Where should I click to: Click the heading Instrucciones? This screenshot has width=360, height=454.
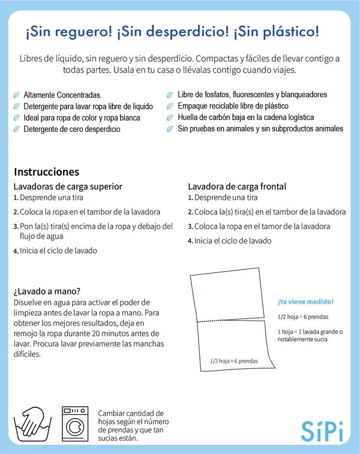(x=46, y=172)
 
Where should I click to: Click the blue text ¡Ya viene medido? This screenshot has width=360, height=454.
(x=305, y=302)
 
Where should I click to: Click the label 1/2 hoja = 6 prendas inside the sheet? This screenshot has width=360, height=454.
(x=234, y=361)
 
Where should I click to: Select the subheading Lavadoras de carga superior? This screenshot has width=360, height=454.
(x=68, y=186)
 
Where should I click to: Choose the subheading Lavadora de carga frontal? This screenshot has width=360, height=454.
(x=237, y=186)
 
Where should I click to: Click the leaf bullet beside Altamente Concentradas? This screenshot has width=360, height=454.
(x=16, y=95)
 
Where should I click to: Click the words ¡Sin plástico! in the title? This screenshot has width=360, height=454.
(x=277, y=32)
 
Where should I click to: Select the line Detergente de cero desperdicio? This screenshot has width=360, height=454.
(x=71, y=129)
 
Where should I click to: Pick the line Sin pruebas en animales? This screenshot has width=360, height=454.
(x=260, y=129)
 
